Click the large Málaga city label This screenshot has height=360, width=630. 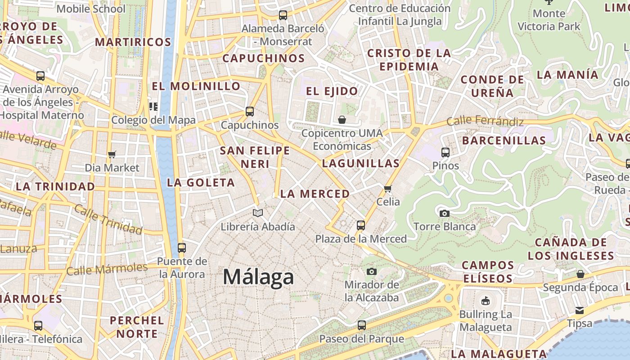(x=258, y=277)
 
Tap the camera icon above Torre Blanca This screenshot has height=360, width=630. (x=445, y=213)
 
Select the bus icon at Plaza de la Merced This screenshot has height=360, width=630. (x=361, y=225)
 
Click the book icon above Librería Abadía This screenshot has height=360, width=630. (x=257, y=213)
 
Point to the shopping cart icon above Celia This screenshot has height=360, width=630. (x=388, y=189)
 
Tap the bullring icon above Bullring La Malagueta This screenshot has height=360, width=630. (x=485, y=301)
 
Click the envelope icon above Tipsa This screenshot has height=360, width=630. (x=580, y=310)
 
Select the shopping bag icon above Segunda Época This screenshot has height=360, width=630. (x=580, y=274)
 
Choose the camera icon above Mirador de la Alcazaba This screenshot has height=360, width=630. (x=371, y=271)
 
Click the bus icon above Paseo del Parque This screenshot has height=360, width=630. (x=361, y=325)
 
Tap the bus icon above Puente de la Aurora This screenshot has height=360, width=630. (x=182, y=247)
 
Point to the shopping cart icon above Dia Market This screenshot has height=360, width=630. (x=112, y=155)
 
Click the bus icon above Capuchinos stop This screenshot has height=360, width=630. (x=250, y=112)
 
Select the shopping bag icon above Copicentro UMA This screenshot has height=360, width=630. (x=342, y=120)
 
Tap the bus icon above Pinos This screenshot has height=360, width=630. (x=445, y=153)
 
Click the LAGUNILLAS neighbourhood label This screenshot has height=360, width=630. (x=361, y=163)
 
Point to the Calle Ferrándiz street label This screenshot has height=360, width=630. (x=485, y=121)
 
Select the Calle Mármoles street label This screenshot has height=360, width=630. (x=107, y=269)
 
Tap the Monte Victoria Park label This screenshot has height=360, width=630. (x=549, y=20)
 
